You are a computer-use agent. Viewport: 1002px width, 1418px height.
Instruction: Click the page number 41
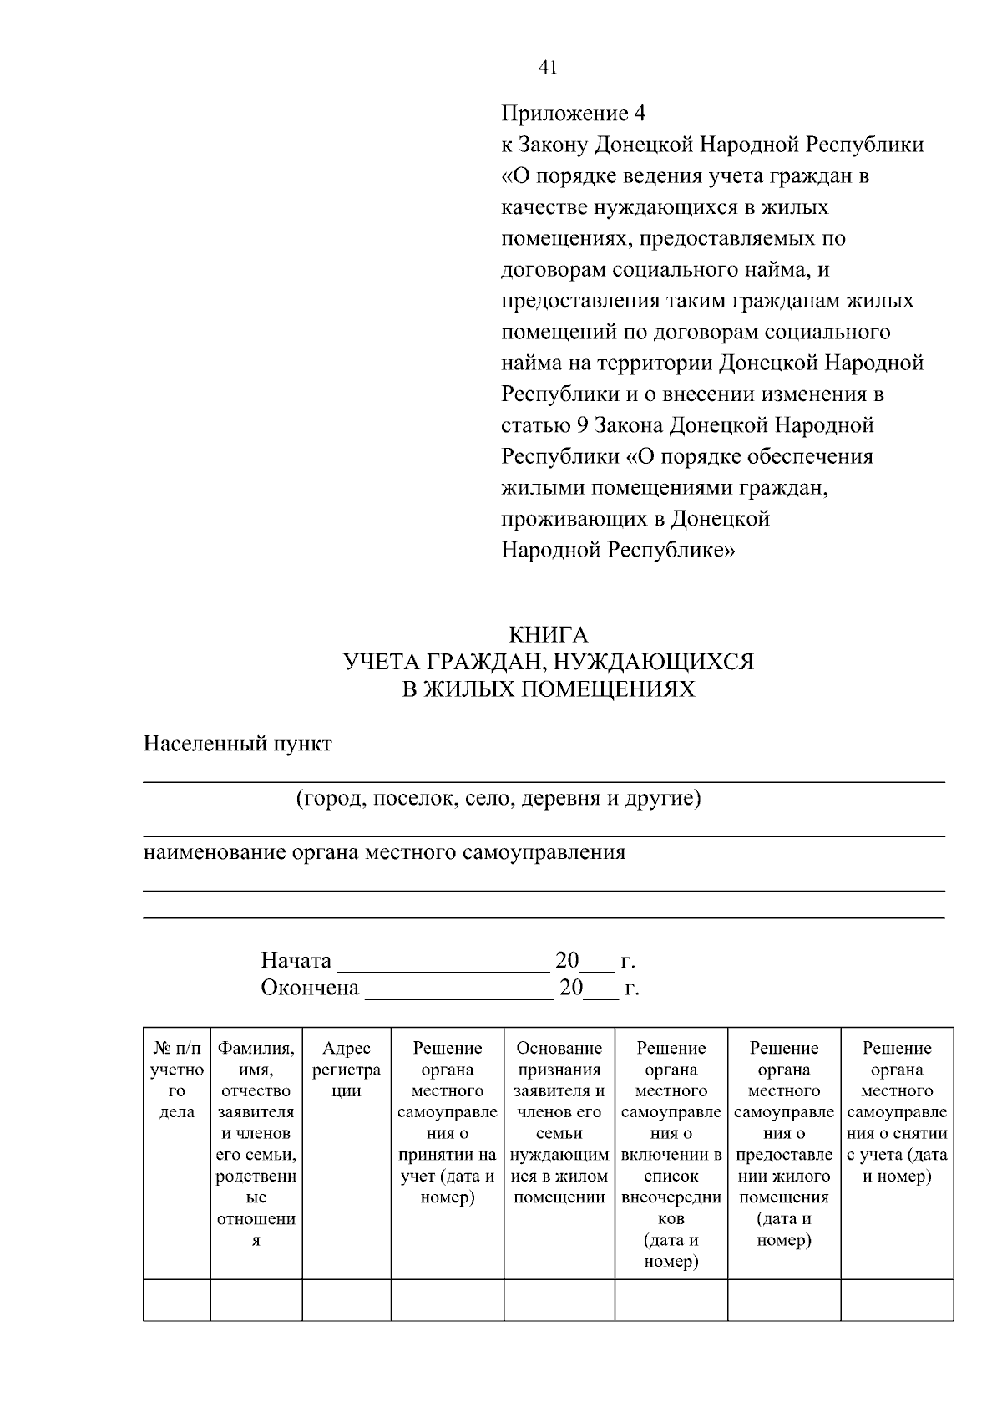click(x=548, y=68)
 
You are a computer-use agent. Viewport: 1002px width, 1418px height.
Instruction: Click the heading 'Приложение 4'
click(x=573, y=113)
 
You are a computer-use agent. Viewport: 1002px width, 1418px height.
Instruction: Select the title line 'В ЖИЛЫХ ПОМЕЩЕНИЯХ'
click(x=548, y=690)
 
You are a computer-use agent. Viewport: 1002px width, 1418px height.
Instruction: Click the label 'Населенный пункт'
click(x=238, y=744)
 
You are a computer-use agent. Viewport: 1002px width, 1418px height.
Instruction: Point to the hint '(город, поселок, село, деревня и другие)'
click(x=498, y=799)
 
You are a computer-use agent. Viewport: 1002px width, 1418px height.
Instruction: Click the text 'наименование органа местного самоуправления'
click(x=384, y=853)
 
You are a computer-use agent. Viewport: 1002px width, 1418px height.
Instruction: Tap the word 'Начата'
click(x=296, y=961)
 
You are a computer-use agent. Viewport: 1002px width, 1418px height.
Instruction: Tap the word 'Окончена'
click(x=309, y=989)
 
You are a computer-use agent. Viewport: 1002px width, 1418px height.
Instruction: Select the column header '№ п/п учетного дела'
click(x=176, y=1080)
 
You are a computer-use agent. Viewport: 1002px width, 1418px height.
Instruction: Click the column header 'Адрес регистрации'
click(x=347, y=1070)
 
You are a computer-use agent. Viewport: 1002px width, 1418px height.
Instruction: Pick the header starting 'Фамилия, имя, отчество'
click(x=256, y=1144)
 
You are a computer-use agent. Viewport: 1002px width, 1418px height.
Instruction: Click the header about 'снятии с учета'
click(x=896, y=1112)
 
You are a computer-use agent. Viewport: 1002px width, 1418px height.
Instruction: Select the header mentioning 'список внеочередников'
click(x=671, y=1154)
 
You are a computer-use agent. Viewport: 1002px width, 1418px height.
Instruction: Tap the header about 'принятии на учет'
click(x=447, y=1122)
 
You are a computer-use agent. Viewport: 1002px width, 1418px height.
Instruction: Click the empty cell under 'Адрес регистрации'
click(x=347, y=1300)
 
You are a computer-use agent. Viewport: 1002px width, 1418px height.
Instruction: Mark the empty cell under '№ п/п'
click(x=176, y=1300)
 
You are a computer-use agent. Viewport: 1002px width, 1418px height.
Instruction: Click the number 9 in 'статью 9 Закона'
click(x=583, y=425)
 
